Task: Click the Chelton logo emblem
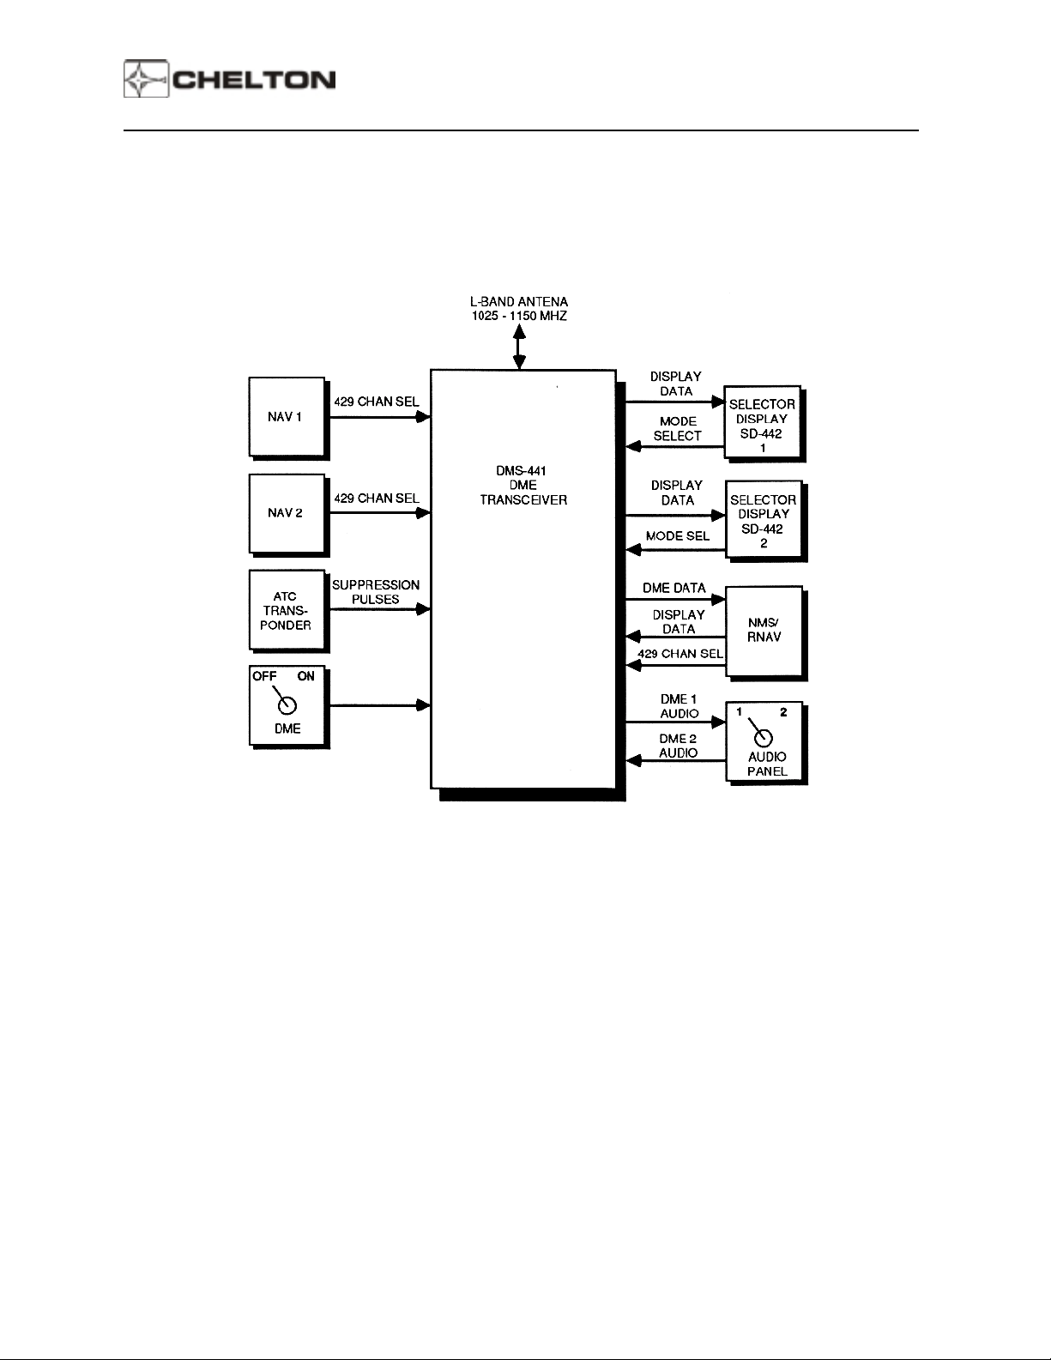coord(146,80)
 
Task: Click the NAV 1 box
coord(286,417)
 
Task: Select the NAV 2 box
coord(286,513)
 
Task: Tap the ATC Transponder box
coord(286,610)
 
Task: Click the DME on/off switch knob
coord(288,705)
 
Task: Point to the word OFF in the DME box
coord(264,676)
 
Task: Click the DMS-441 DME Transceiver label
coord(522,485)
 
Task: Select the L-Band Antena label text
coord(518,309)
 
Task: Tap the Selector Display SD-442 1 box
coord(762,425)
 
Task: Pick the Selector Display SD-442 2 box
coord(763,520)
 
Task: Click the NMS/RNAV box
coord(764,631)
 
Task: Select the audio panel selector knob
coord(762,738)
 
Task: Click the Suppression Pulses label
coord(376,592)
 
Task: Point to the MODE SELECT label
coord(678,428)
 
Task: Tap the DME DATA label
coord(674,588)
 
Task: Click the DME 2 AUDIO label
coord(678,746)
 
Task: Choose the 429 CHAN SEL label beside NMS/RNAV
coord(680,654)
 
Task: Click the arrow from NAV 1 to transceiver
coord(378,417)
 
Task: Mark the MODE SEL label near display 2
coord(678,535)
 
